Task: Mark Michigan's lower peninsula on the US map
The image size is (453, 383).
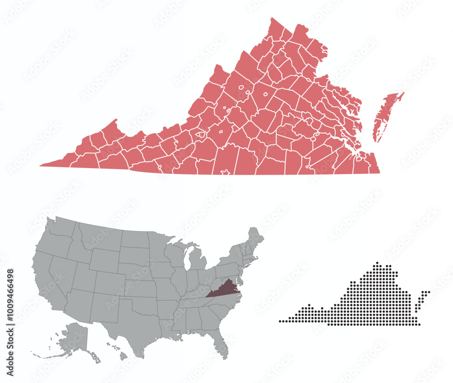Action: click(198, 263)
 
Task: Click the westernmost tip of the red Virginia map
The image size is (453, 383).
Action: click(41, 166)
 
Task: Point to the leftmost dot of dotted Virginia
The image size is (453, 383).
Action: click(280, 321)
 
